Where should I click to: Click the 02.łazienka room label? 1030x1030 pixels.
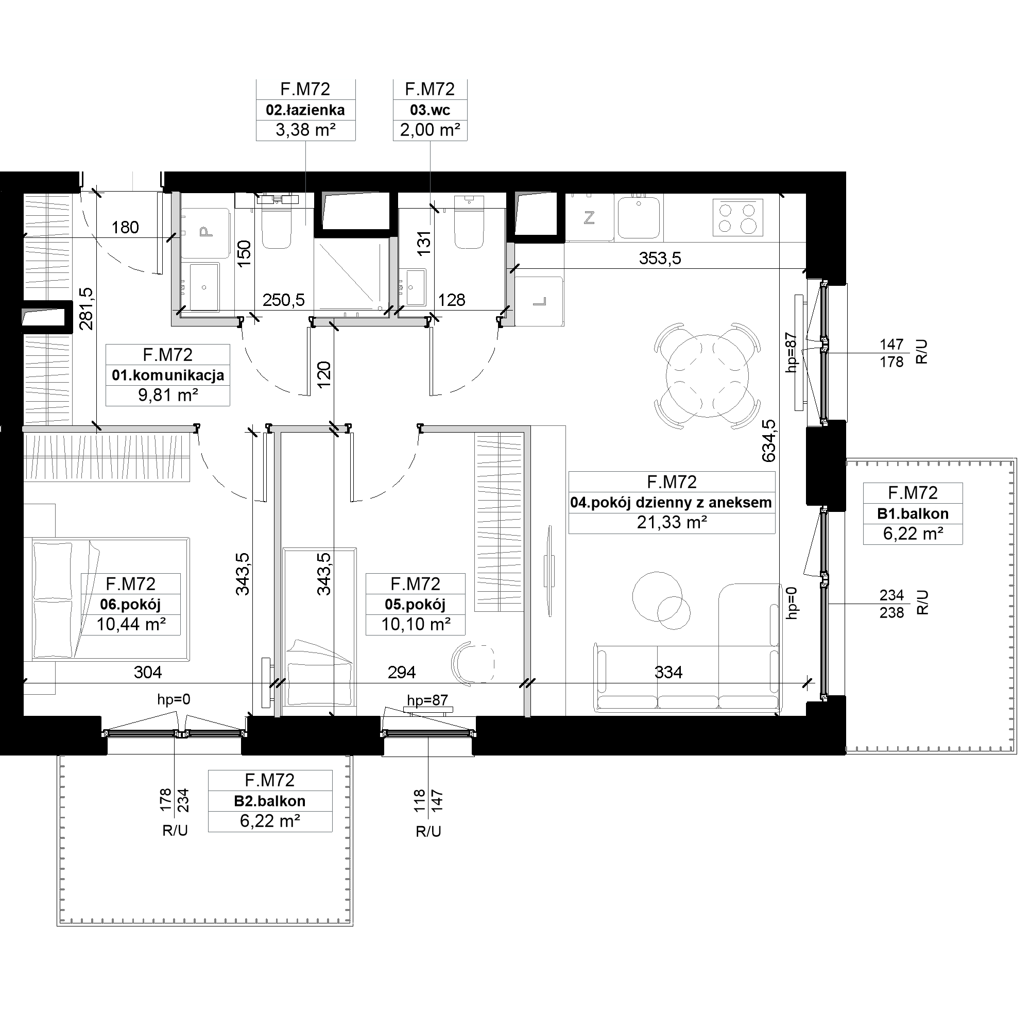pos(305,110)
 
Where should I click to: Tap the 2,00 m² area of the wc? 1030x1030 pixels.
pos(430,130)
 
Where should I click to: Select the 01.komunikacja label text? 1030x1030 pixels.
pos(168,375)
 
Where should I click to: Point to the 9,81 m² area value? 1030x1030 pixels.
pos(168,395)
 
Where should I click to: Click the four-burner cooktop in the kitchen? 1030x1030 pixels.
pos(738,217)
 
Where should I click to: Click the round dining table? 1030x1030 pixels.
pos(707,376)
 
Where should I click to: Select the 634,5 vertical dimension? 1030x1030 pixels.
pos(769,441)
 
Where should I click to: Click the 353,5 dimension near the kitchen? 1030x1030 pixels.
pos(660,259)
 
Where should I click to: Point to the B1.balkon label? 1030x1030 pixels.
pos(913,514)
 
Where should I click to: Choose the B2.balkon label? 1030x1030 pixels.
pos(270,801)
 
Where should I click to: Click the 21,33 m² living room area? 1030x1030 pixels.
pos(672,522)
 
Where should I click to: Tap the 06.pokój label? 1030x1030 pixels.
pos(130,605)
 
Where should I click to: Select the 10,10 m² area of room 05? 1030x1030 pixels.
pos(416,624)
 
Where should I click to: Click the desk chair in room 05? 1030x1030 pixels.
pos(472,662)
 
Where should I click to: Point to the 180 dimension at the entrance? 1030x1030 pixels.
pos(125,228)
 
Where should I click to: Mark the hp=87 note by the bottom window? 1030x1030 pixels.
pos(427,700)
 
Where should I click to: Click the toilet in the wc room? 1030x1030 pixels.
pos(469,222)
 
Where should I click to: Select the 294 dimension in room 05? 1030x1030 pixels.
pos(402,672)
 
